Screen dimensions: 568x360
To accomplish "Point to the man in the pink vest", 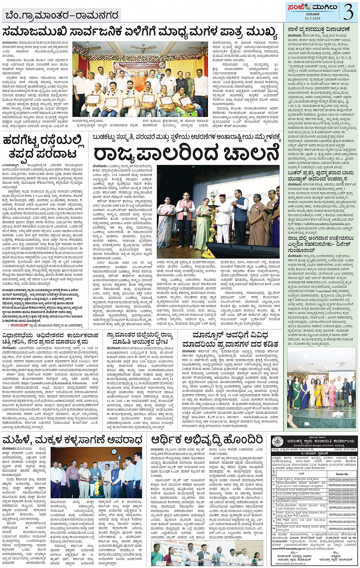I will [185, 213].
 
